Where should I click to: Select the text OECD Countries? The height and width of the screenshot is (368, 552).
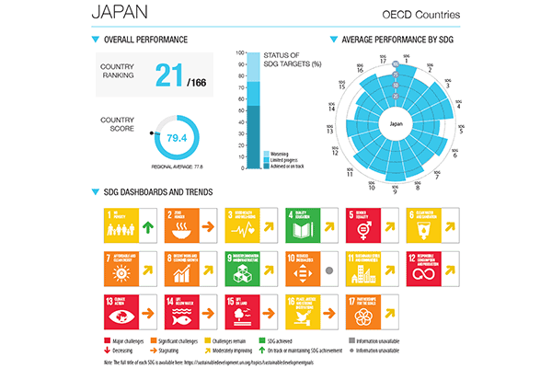pos(420,16)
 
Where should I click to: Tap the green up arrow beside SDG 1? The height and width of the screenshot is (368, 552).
pos(148,226)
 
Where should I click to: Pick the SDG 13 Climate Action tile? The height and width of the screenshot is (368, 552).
pos(120,316)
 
